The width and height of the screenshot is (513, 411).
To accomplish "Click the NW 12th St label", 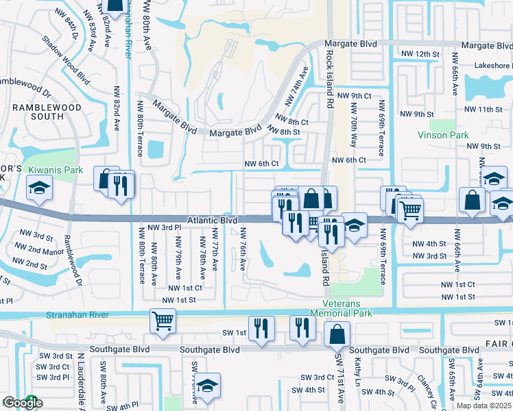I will tap(419, 53).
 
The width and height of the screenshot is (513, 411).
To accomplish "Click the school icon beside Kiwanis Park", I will tap(39, 187).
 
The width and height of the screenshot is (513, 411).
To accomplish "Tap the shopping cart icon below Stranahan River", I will tap(163, 320).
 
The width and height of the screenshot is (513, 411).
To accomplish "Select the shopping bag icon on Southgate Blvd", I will tap(337, 335).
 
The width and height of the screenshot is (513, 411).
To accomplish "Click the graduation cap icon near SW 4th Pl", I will tap(206, 386).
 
